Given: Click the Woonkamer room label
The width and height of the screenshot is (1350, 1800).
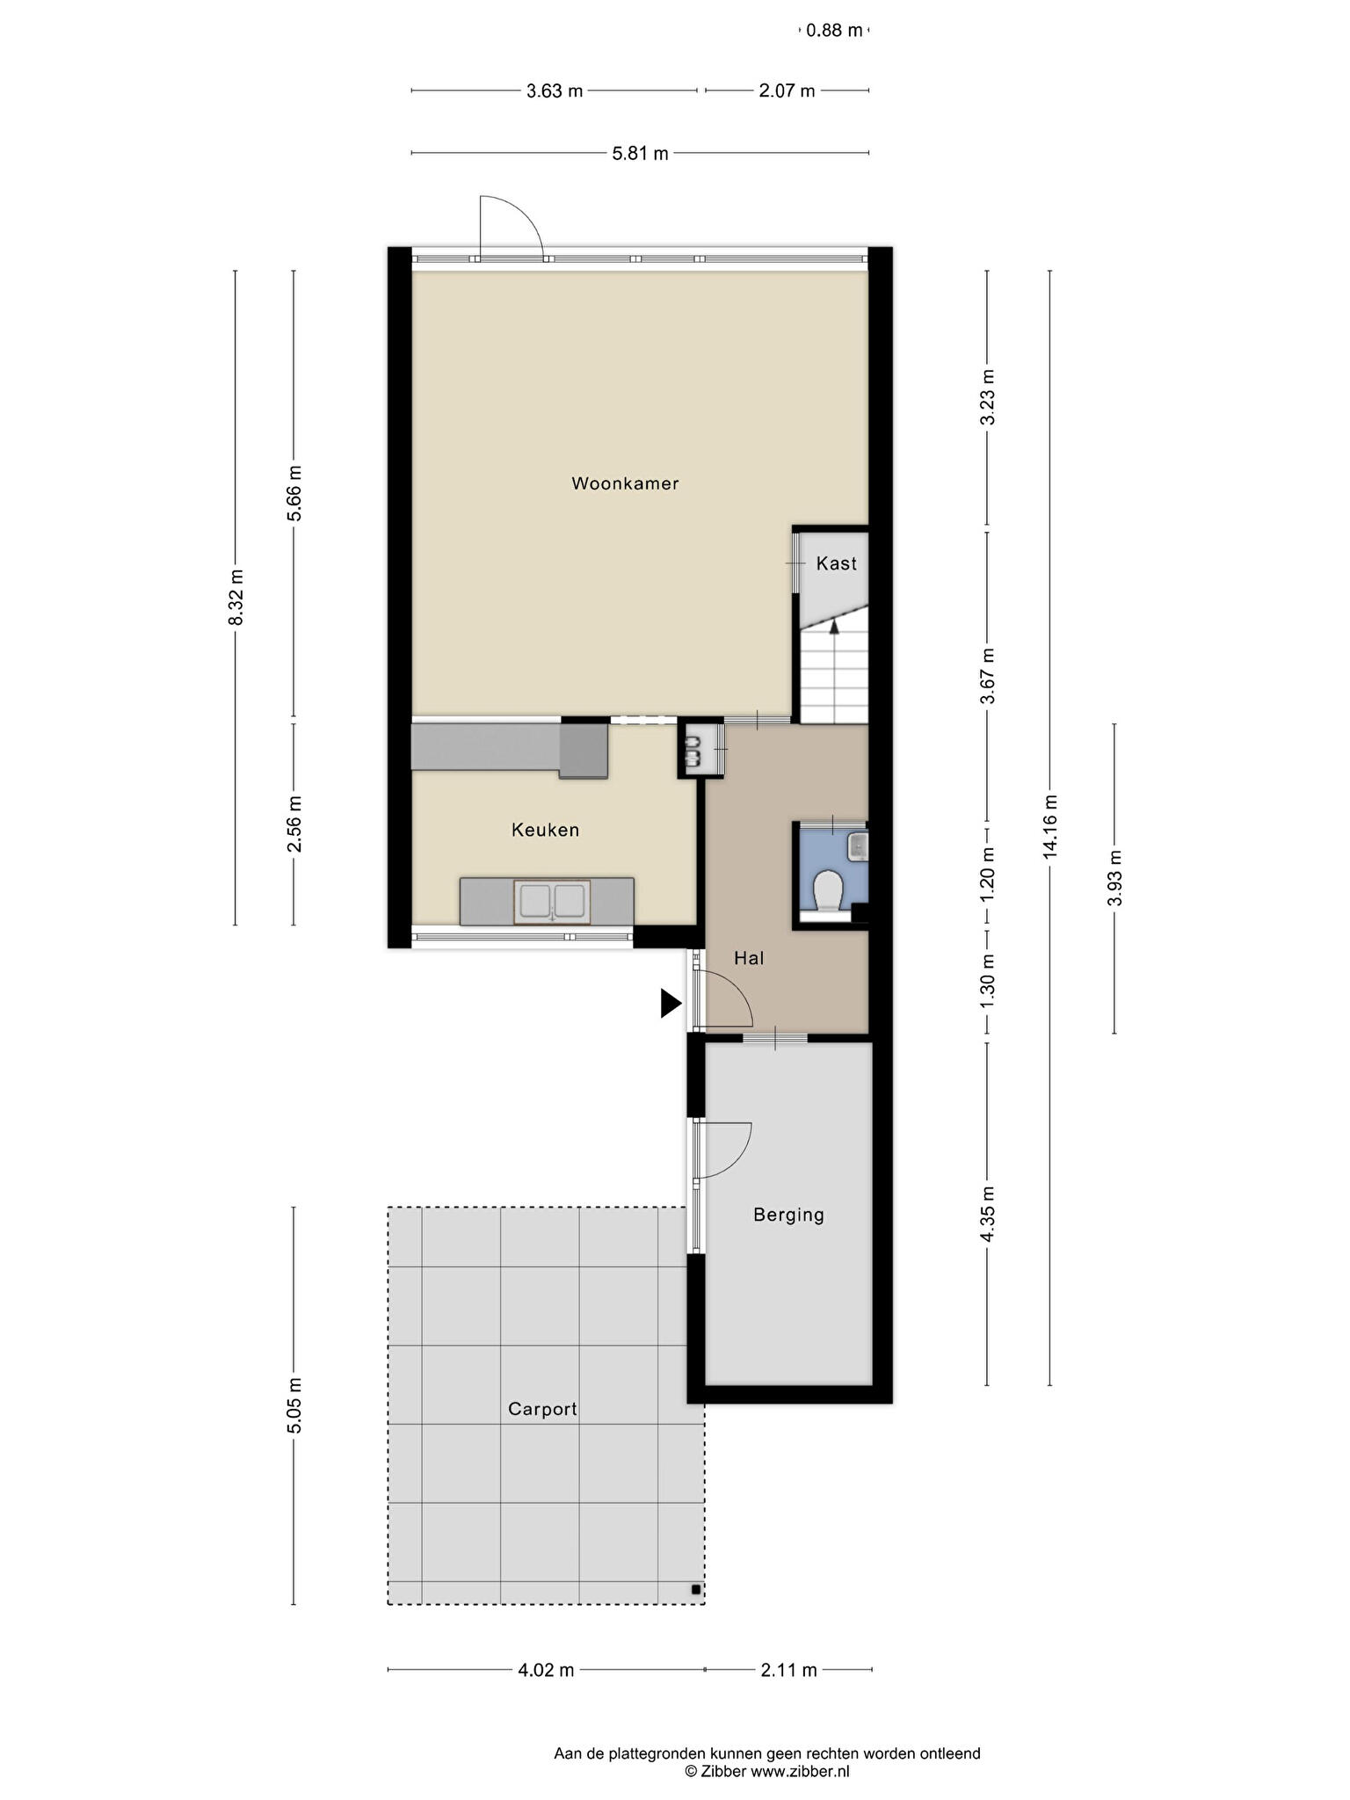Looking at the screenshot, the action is (x=625, y=483).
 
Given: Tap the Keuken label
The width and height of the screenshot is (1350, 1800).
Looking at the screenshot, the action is (x=546, y=830).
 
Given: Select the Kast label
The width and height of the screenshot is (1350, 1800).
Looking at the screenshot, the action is (x=836, y=563).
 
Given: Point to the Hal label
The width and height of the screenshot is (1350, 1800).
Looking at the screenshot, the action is (x=749, y=958).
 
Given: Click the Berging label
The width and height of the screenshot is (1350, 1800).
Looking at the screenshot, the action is (x=789, y=1216).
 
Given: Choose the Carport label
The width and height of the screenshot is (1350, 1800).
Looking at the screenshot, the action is (x=543, y=1410).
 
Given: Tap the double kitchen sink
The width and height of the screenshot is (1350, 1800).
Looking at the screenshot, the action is (x=552, y=902).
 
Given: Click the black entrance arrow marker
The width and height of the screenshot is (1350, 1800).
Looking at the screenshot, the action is (x=671, y=1003).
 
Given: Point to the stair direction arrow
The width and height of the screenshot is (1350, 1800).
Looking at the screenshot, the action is (x=834, y=626).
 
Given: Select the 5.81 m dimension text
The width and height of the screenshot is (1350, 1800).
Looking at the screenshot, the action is (x=641, y=154).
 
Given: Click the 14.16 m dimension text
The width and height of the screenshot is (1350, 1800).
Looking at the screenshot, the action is (x=1050, y=827).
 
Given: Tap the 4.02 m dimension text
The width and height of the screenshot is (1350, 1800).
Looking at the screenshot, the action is (x=546, y=1670).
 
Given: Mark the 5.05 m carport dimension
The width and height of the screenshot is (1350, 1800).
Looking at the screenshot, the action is (x=294, y=1405).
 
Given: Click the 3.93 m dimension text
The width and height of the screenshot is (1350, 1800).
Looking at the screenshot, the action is (x=1114, y=878).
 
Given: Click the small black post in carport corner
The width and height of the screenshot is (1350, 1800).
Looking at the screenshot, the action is (x=695, y=1589).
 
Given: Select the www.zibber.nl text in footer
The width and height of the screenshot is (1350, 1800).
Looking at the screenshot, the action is (x=801, y=1772).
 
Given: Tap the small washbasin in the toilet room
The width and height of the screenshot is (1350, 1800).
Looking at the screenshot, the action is (x=857, y=846).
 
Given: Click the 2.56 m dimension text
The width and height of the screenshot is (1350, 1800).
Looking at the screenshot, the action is (x=294, y=824).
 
